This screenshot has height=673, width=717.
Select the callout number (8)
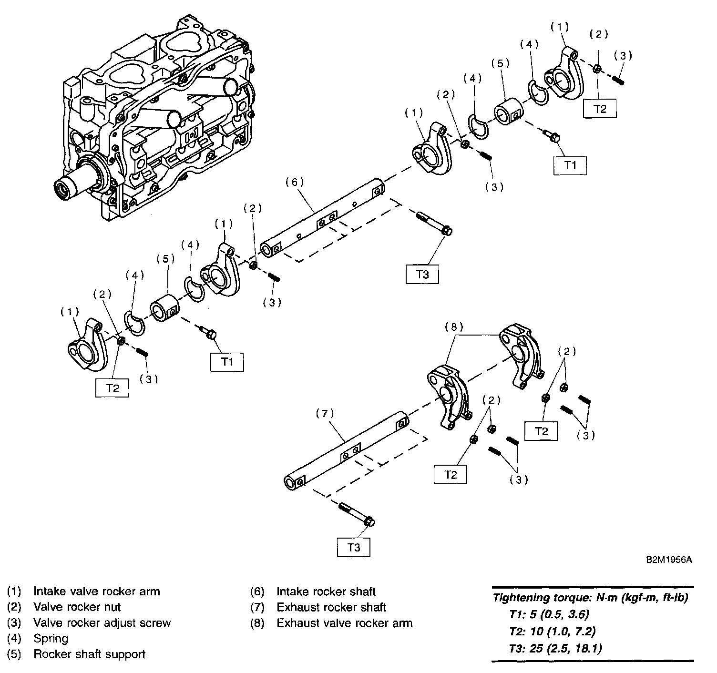click(x=453, y=327)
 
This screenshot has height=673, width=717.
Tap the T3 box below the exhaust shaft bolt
click(x=354, y=547)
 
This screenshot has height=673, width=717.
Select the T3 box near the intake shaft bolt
click(x=422, y=275)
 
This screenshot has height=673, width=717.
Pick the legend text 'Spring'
click(x=51, y=638)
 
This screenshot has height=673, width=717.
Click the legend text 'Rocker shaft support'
click(x=89, y=654)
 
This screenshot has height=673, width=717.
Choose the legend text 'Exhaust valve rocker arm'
click(x=344, y=622)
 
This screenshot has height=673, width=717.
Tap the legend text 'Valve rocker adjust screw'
click(x=102, y=622)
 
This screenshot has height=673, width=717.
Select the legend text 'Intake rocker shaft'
click(x=326, y=591)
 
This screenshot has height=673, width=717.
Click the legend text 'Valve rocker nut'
click(x=77, y=607)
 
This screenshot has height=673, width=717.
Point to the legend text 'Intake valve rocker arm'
click(x=96, y=591)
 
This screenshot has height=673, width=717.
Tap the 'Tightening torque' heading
click(x=590, y=598)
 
